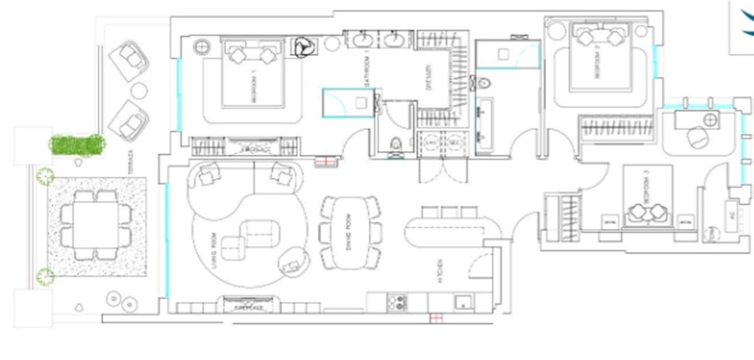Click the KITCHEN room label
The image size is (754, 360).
[442, 271]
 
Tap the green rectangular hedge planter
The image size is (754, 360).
[77, 144]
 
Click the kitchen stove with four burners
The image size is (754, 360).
[397, 303]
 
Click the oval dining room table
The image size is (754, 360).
[349, 229]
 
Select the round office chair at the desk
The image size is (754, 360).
[697, 137]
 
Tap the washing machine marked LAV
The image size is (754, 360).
[431, 142]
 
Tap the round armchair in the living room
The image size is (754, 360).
[293, 260]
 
